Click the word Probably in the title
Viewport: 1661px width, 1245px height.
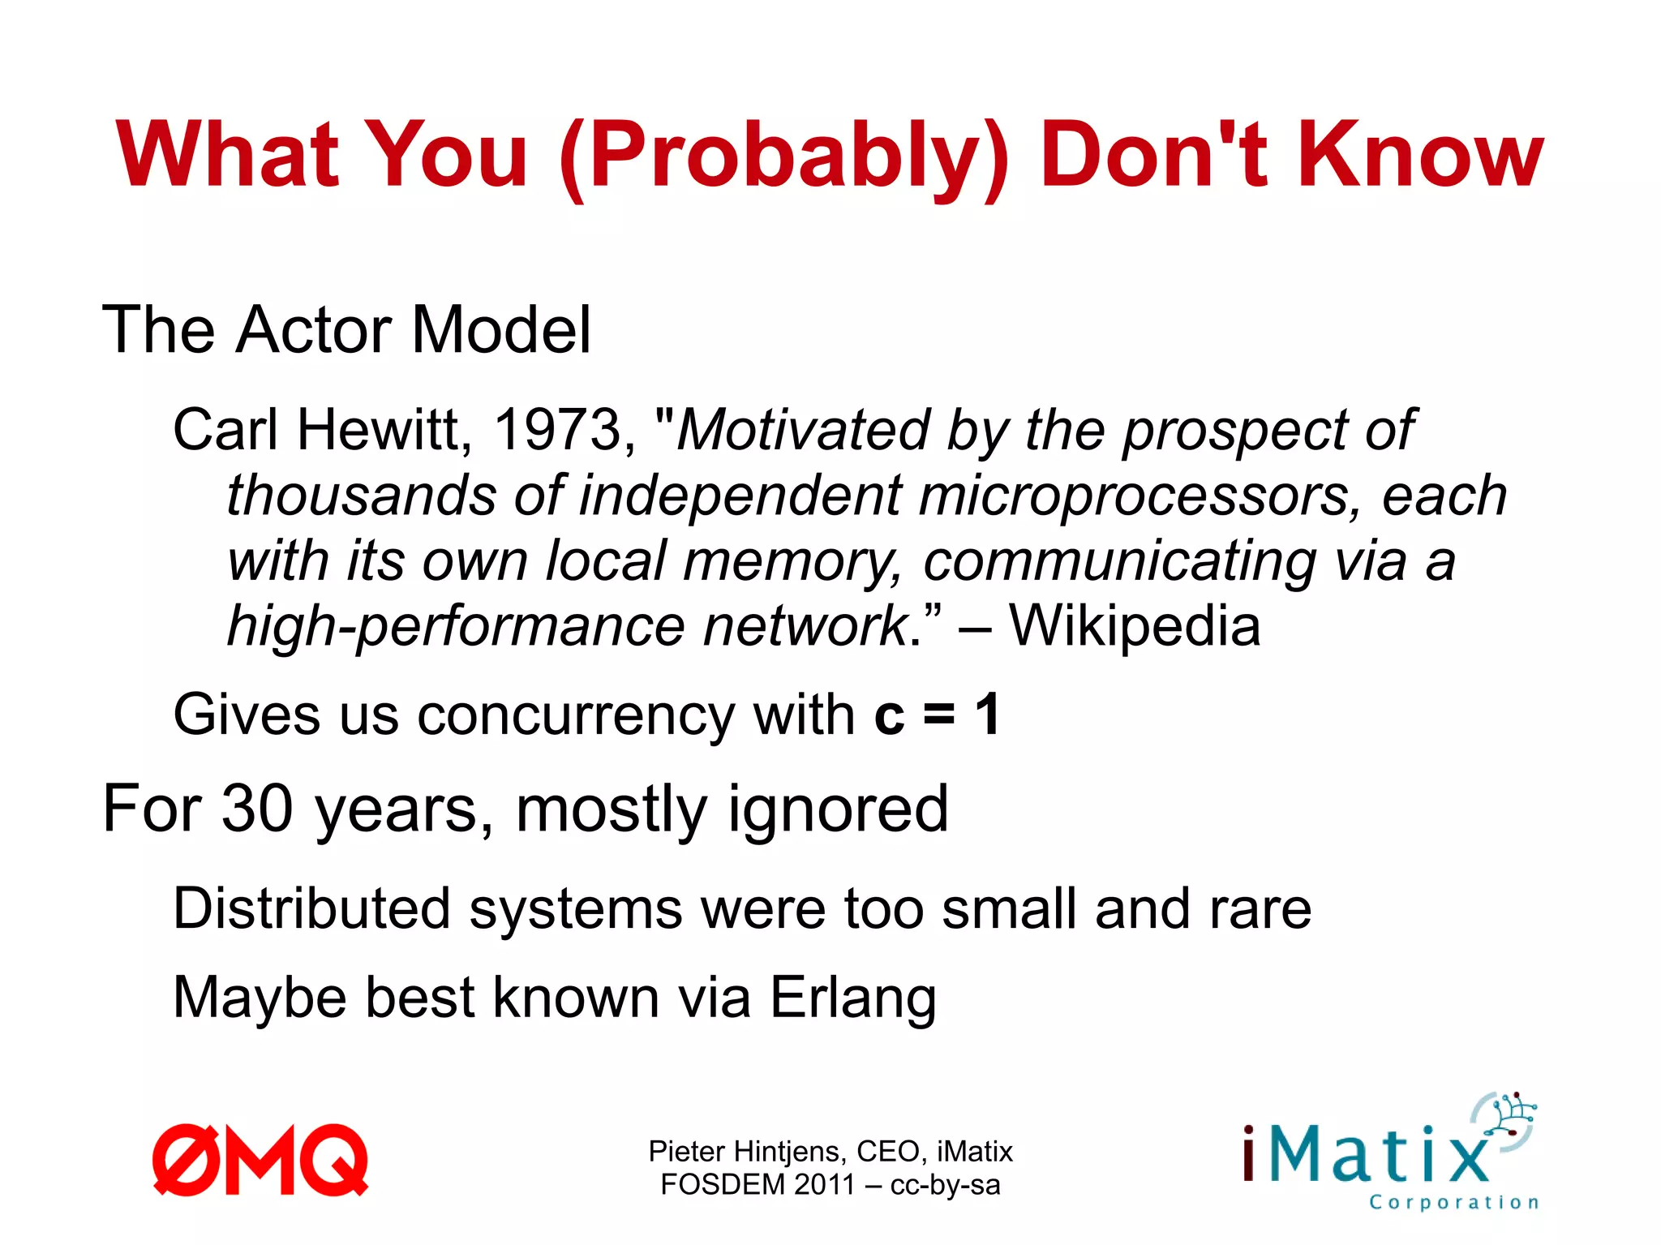pyautogui.click(x=785, y=156)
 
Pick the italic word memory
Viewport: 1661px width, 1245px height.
pyautogui.click(x=792, y=561)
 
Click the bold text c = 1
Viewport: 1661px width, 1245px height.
pyautogui.click(x=938, y=715)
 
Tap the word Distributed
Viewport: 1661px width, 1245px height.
pyautogui.click(x=311, y=908)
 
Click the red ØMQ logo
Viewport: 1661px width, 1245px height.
pyautogui.click(x=260, y=1160)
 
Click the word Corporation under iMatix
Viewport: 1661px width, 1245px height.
pyautogui.click(x=1453, y=1202)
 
